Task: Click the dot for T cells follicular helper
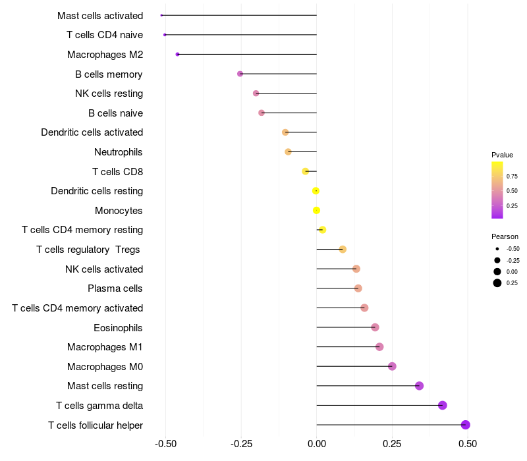pos(465,425)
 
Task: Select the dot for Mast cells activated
pos(161,15)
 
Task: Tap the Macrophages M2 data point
pos(177,54)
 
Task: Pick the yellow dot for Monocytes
pos(316,210)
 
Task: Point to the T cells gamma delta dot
pos(443,405)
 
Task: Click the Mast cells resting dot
pos(419,386)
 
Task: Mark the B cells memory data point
pos(240,74)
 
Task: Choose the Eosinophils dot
pos(375,327)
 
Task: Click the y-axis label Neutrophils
pos(119,152)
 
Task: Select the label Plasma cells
pos(115,288)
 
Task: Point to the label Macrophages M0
pos(105,366)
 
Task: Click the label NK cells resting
pos(109,94)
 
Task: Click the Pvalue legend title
pos(502,155)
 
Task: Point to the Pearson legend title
pos(505,236)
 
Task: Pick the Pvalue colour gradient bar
pos(497,190)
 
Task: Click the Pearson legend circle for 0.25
pos(497,283)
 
